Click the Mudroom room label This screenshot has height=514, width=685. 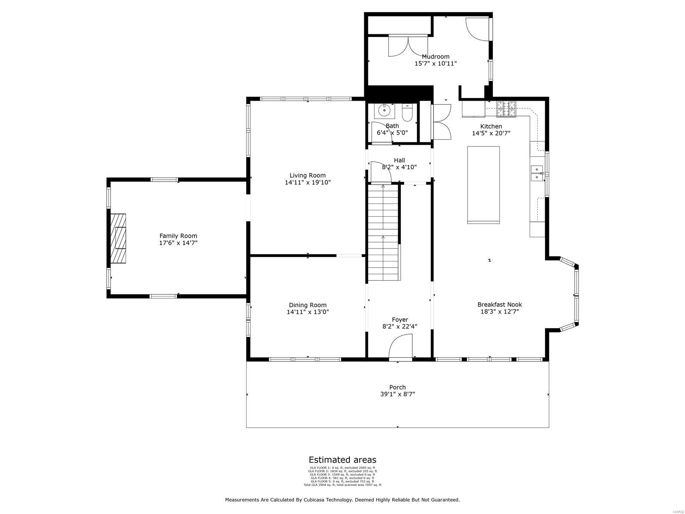click(x=435, y=57)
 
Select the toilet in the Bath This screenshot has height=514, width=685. click(x=407, y=113)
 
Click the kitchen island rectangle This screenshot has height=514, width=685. click(x=483, y=185)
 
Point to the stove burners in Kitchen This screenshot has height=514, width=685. click(x=507, y=109)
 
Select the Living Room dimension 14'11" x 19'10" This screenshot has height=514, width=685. click(x=307, y=182)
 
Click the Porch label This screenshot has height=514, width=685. click(x=397, y=387)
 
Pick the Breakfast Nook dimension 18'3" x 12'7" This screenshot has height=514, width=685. click(x=500, y=312)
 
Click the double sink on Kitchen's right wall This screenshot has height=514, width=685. click(x=536, y=173)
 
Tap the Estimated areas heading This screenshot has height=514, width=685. click(x=342, y=460)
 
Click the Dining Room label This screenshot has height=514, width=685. click(x=307, y=305)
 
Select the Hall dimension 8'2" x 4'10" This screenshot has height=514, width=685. click(x=399, y=167)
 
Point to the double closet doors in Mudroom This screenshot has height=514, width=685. click(x=408, y=46)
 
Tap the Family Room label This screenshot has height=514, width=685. click(x=178, y=236)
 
